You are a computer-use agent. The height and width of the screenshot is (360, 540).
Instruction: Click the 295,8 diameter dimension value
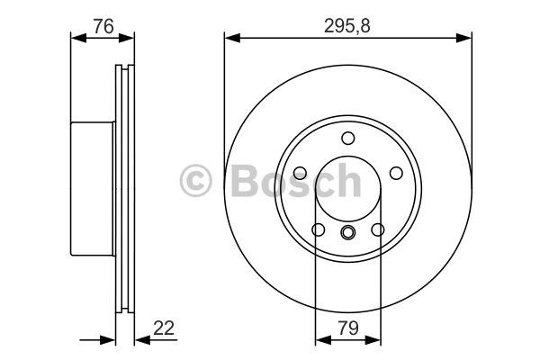pyautogui.click(x=346, y=25)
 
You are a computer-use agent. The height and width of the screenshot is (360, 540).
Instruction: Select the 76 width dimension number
pyautogui.click(x=103, y=26)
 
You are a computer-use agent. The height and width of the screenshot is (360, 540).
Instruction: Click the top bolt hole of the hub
pyautogui.click(x=348, y=138)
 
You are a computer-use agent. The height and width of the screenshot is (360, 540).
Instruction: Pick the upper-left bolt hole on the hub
pyautogui.click(x=300, y=173)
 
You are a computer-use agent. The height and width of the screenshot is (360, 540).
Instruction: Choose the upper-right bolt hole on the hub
pyautogui.click(x=396, y=173)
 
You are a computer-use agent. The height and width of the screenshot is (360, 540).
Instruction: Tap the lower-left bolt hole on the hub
pyautogui.click(x=318, y=229)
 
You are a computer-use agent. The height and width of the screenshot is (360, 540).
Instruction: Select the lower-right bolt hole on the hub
pyautogui.click(x=378, y=229)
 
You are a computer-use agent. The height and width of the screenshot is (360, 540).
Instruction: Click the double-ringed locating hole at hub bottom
pyautogui.click(x=347, y=232)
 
